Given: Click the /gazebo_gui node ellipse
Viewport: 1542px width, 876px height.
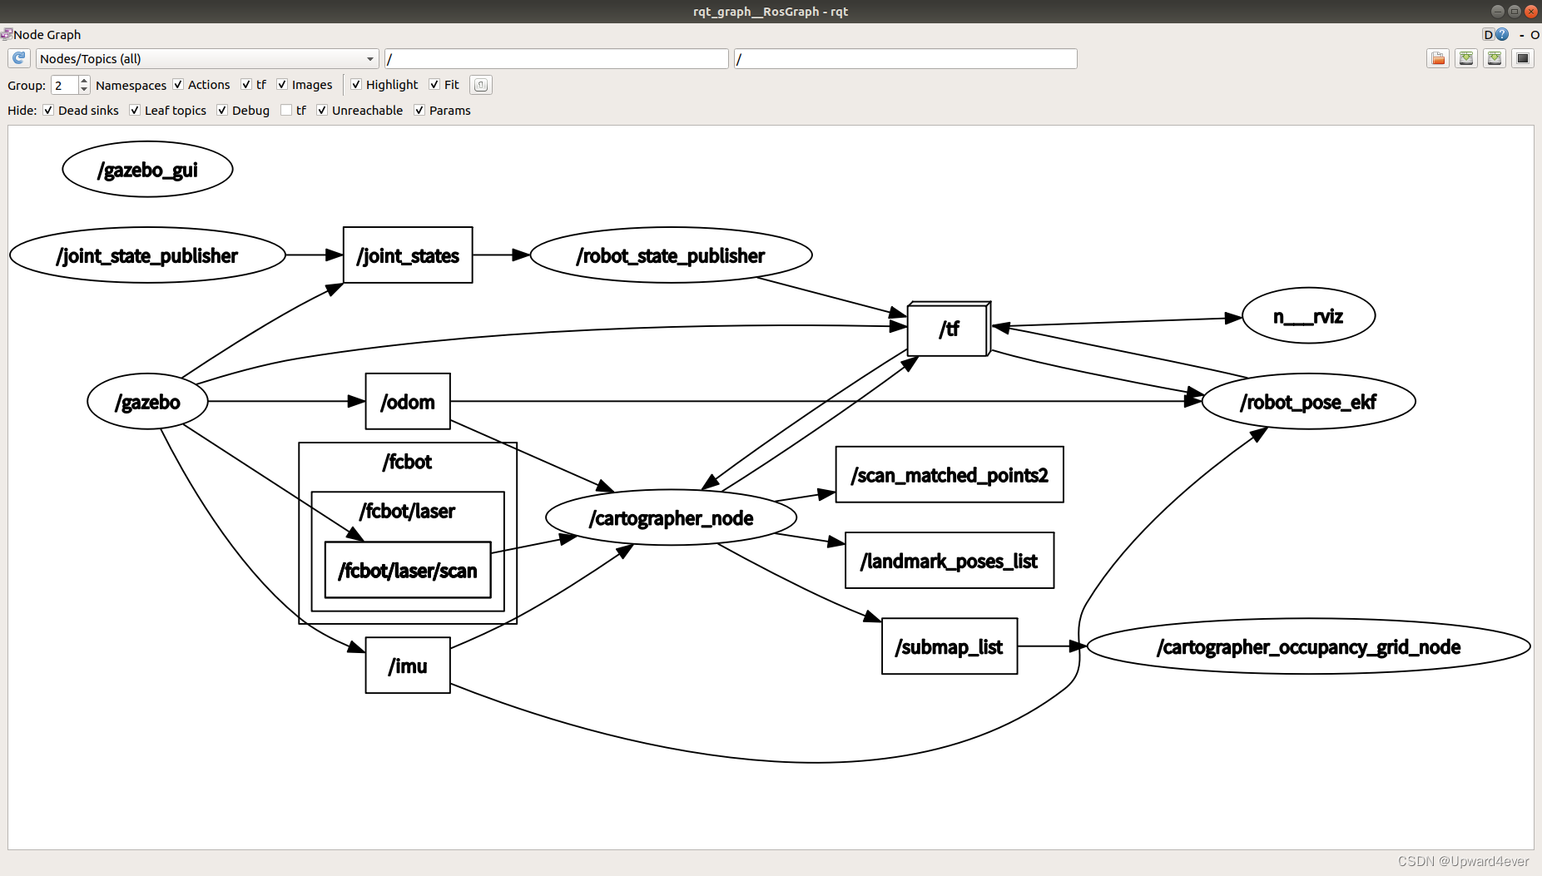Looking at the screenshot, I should click(x=147, y=170).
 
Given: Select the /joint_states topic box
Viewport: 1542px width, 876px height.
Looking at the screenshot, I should click(x=408, y=255).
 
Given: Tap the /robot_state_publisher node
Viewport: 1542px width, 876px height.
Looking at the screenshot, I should click(x=671, y=255).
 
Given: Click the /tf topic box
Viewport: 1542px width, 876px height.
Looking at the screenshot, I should click(x=949, y=329).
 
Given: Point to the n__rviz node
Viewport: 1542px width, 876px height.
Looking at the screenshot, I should click(x=1308, y=316).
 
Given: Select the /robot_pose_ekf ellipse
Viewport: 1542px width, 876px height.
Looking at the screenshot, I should click(x=1308, y=402).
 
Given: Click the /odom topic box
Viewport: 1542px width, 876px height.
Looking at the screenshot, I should click(x=408, y=402).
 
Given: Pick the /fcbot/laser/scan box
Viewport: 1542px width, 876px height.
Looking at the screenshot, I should click(x=408, y=571).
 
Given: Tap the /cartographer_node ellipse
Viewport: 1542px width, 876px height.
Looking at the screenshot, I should click(x=671, y=518).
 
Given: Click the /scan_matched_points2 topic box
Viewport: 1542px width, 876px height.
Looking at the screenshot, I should click(x=949, y=475).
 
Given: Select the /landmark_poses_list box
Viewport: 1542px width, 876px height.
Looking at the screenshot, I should click(x=949, y=562).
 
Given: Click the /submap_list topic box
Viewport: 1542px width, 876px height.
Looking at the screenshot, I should click(x=949, y=647).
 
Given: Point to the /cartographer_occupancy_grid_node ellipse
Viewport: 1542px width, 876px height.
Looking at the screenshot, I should click(x=1308, y=647).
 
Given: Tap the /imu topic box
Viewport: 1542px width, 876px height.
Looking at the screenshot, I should click(x=408, y=666).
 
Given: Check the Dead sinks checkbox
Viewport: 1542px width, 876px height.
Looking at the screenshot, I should click(x=49, y=111).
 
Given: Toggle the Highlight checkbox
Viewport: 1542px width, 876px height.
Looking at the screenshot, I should click(x=356, y=85).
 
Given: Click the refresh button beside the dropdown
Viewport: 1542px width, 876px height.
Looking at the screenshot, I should click(x=19, y=59).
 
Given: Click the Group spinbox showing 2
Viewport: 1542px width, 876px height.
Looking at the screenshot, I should click(x=65, y=85).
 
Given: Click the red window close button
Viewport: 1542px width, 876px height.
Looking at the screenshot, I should click(x=1530, y=11).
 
